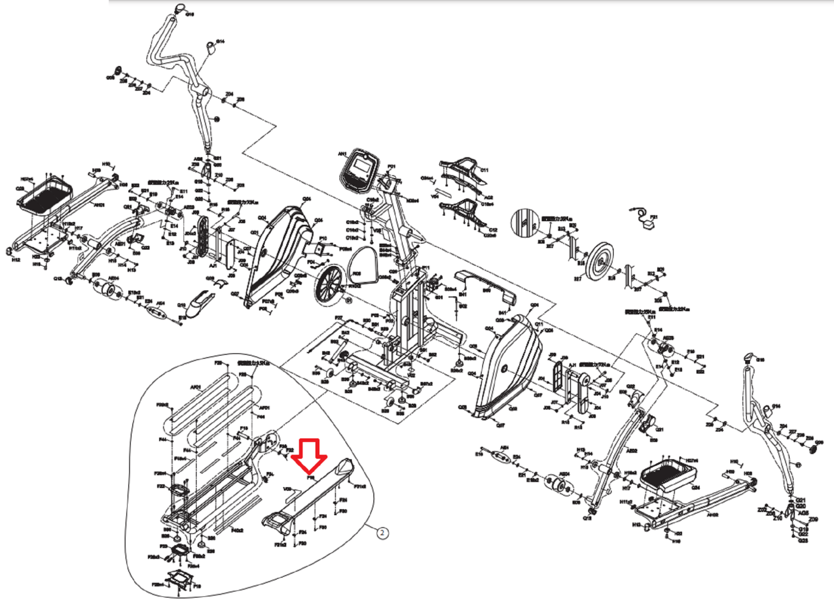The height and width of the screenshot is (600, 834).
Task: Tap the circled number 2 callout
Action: (382, 533)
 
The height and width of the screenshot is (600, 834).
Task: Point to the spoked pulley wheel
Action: (328, 284)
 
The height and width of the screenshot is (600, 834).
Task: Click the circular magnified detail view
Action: (526, 222)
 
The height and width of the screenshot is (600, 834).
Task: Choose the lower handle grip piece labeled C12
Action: (464, 212)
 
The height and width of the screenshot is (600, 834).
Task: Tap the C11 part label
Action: (484, 170)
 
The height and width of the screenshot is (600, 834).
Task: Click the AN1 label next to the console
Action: (342, 154)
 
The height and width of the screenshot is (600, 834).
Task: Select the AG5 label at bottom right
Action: (803, 513)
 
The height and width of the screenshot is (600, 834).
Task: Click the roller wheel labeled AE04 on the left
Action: (107, 290)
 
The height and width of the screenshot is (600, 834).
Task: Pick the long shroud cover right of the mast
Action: (485, 284)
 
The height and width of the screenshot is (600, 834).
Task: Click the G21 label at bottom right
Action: (801, 500)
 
